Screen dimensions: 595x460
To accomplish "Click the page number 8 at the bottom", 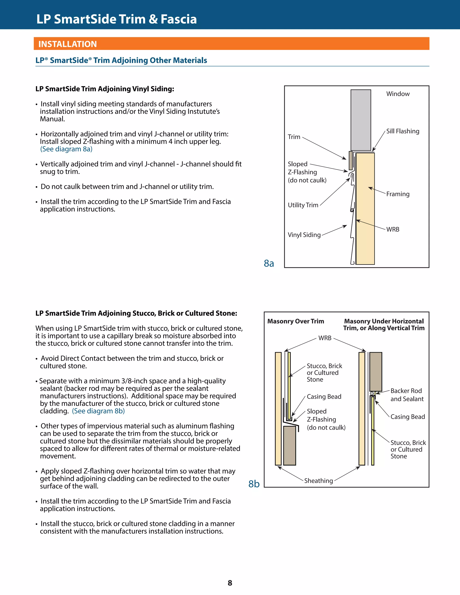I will [230, 583].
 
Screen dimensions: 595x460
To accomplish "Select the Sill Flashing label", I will [402, 131].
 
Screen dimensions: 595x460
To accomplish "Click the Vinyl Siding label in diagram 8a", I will [304, 235].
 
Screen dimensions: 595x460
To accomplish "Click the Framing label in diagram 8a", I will [398, 194].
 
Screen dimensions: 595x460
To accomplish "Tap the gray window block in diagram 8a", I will [360, 120].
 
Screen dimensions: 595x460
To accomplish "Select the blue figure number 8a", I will [269, 263].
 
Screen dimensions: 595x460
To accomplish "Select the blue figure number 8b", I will [254, 484].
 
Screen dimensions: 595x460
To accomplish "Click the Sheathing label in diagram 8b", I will [318, 480].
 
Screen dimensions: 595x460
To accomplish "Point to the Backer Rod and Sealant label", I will [407, 395].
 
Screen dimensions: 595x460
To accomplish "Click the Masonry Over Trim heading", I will [295, 321].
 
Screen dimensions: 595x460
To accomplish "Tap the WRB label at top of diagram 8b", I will [325, 338].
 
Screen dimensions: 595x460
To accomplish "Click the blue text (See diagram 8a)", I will [66, 149].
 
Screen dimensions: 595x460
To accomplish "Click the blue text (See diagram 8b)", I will [98, 411].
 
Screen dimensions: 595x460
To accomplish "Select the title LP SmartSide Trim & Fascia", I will [116, 19].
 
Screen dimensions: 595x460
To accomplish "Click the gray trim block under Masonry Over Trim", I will [289, 445].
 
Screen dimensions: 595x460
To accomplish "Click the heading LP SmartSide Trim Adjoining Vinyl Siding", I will [105, 89].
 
